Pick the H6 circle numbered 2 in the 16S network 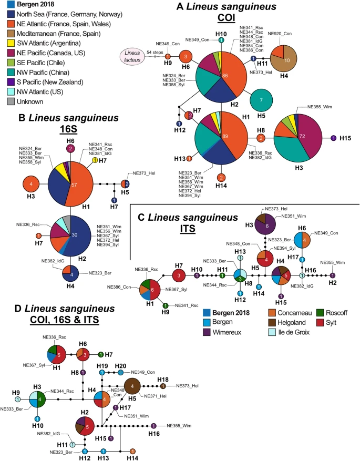[x=70, y=149]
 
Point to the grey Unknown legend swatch [x=4, y=101]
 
